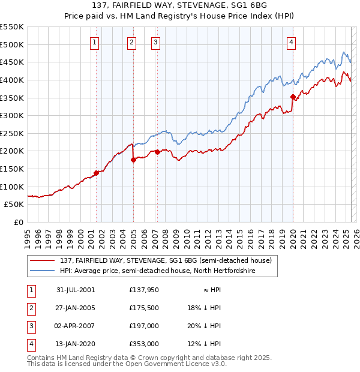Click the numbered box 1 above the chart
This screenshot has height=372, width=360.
[95, 42]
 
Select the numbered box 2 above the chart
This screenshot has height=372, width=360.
[131, 42]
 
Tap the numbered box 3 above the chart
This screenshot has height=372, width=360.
[155, 42]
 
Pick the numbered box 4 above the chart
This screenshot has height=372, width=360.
[291, 42]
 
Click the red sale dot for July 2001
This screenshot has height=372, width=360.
[96, 173]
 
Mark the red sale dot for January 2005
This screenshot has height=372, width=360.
[133, 160]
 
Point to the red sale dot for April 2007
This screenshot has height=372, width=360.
[157, 152]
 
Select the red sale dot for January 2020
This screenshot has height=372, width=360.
[293, 97]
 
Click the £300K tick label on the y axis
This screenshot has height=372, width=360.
[11, 115]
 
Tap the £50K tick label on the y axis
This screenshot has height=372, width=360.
[14, 204]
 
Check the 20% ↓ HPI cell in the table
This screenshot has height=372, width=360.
[204, 326]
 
